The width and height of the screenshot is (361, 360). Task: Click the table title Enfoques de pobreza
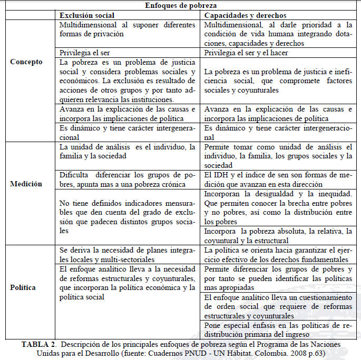pos(180,5)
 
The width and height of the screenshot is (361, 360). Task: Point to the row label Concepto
pos(26,62)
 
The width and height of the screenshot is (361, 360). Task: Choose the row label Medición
pos(26,184)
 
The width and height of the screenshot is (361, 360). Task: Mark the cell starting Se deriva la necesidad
pos(128,255)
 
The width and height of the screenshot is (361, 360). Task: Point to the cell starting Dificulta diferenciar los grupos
pos(128,180)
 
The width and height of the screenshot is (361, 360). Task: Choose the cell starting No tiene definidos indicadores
pos(128,217)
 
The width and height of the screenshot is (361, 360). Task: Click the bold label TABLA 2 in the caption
pos(39,344)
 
